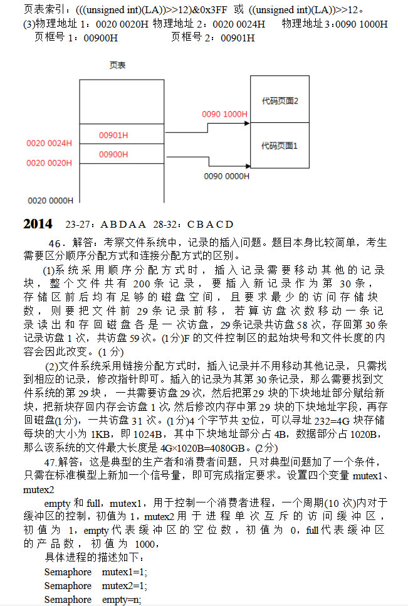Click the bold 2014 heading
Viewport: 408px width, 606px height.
coord(38,224)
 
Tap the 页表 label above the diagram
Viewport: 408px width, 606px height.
coord(117,65)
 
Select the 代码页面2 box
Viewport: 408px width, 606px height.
coord(280,100)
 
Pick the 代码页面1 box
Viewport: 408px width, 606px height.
coord(280,146)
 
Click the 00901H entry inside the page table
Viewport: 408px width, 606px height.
coord(113,135)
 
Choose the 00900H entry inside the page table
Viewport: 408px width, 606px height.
coord(113,154)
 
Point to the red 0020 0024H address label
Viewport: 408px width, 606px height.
coord(50,143)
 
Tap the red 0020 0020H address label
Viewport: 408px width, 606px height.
coord(50,163)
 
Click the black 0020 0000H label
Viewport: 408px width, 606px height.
coord(51,201)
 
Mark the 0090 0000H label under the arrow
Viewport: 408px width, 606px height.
coord(226,176)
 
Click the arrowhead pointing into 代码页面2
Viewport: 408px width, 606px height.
coord(246,124)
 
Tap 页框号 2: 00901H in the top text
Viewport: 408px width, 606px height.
coord(213,38)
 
